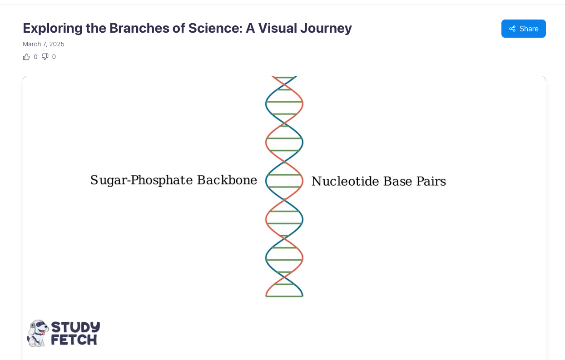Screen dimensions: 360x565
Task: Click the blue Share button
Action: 523,29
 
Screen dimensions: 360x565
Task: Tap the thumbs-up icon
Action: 26,57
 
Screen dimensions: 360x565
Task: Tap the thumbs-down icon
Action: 45,57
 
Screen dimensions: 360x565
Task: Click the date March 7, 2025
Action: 44,44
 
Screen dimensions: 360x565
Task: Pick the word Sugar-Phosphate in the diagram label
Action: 141,180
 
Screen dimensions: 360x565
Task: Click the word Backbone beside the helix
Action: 227,180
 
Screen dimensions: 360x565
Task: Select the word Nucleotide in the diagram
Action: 345,182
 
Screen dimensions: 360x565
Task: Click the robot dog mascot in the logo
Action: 38,333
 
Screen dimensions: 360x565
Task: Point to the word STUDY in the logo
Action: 75,327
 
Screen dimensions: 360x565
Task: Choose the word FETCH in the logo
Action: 74,340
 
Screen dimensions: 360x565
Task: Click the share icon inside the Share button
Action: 512,29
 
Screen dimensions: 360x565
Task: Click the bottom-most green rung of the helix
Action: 284,296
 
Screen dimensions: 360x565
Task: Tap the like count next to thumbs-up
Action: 35,57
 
